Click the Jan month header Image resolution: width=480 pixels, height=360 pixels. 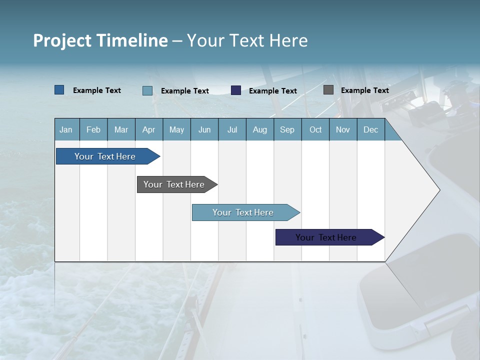pos(66,130)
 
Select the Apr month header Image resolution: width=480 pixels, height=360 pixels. pos(148,130)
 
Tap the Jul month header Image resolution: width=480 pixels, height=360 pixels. pos(232,130)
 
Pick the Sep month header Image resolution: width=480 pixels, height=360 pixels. pos(287,130)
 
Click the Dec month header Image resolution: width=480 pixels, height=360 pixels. pos(370,130)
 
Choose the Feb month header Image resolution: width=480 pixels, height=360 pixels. pos(93,130)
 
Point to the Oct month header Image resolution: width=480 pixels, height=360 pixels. pos(315,130)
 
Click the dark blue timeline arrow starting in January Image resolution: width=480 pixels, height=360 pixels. pos(105,156)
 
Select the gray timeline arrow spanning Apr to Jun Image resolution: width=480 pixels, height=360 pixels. pos(174,184)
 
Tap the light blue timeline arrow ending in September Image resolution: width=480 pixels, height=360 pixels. pos(243,212)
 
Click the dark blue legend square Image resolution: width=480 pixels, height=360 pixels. pos(59,90)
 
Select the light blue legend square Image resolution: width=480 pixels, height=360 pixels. pos(147,90)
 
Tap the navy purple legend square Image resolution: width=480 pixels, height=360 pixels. pos(236,90)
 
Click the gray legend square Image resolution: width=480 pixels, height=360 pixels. pos(328,90)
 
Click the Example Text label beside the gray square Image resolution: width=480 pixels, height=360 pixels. pos(364,90)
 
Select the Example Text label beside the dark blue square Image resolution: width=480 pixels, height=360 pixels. pos(97,90)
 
